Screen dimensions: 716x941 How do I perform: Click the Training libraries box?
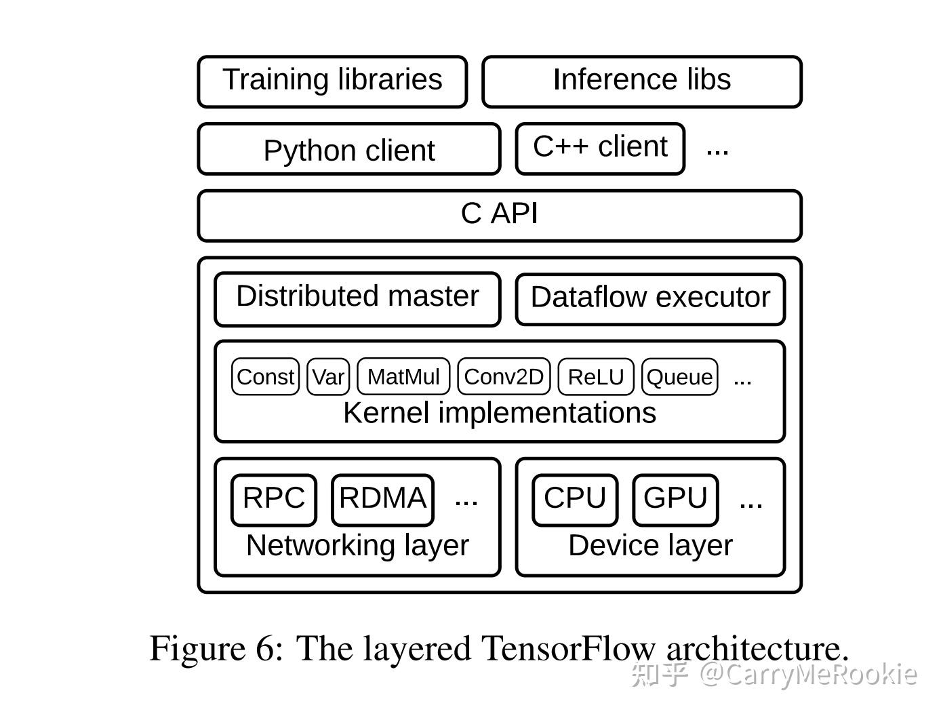point(332,81)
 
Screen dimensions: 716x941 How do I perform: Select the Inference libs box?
point(641,81)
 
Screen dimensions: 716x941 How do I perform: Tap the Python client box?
point(348,149)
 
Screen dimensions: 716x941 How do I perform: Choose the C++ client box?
point(600,148)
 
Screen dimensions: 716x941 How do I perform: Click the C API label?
point(500,214)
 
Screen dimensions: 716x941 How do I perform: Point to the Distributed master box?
point(357,298)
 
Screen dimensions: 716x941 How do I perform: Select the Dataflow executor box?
point(650,298)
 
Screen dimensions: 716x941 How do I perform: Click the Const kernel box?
point(265,377)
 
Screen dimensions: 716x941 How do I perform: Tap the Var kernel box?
point(328,377)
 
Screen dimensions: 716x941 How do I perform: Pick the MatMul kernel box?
point(403,377)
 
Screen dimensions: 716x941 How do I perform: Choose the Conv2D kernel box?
point(504,377)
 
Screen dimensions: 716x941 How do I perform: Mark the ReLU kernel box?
point(595,377)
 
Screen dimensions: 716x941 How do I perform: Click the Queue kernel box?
point(679,377)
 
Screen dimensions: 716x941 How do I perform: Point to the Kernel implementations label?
point(500,413)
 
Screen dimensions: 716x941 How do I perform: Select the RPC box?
point(274,500)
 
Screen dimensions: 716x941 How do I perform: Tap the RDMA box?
point(382,500)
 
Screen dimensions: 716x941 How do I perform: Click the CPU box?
point(575,500)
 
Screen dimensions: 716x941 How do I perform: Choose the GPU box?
point(675,500)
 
